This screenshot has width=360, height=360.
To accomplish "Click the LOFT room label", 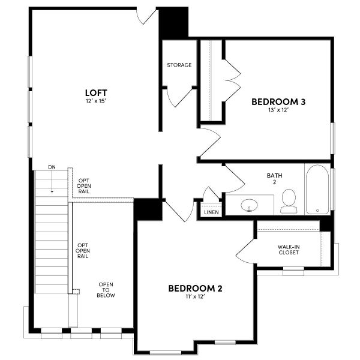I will point(96,92).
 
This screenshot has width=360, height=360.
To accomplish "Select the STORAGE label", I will point(179,65).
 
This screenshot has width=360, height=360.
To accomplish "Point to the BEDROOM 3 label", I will point(278,102).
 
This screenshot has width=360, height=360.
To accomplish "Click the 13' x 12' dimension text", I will point(278,110).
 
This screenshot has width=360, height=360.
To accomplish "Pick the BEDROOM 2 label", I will point(195,289).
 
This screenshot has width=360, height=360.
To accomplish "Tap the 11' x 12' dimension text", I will point(195,297).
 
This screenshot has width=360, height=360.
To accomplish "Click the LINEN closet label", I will point(211,212).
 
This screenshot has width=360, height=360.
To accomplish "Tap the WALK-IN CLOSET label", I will point(289,250).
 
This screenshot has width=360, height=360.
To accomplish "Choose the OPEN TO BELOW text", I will point(107,290).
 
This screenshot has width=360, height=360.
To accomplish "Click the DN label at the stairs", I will point(52,167).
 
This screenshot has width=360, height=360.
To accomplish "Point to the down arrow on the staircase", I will point(52,184).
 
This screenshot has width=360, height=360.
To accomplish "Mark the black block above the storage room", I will point(173,23).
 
